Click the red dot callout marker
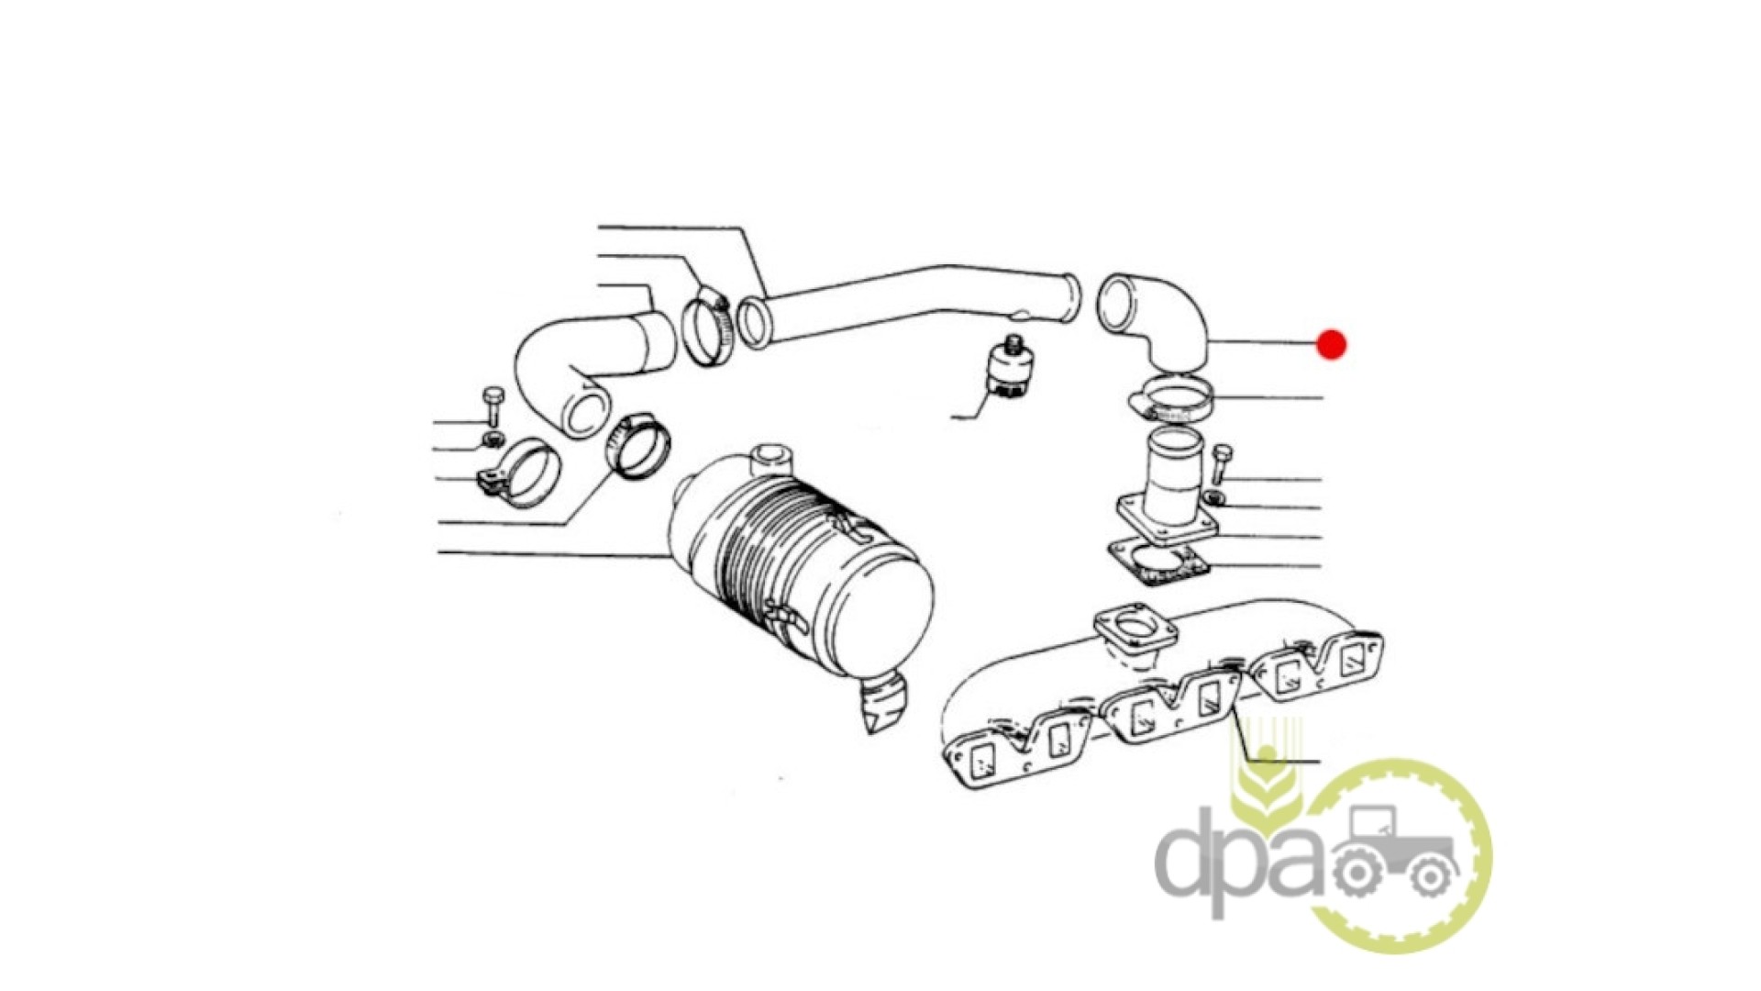[x=1331, y=344]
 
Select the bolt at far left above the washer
[x=493, y=406]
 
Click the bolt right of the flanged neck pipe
[x=1222, y=465]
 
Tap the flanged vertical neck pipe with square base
[x=1167, y=486]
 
